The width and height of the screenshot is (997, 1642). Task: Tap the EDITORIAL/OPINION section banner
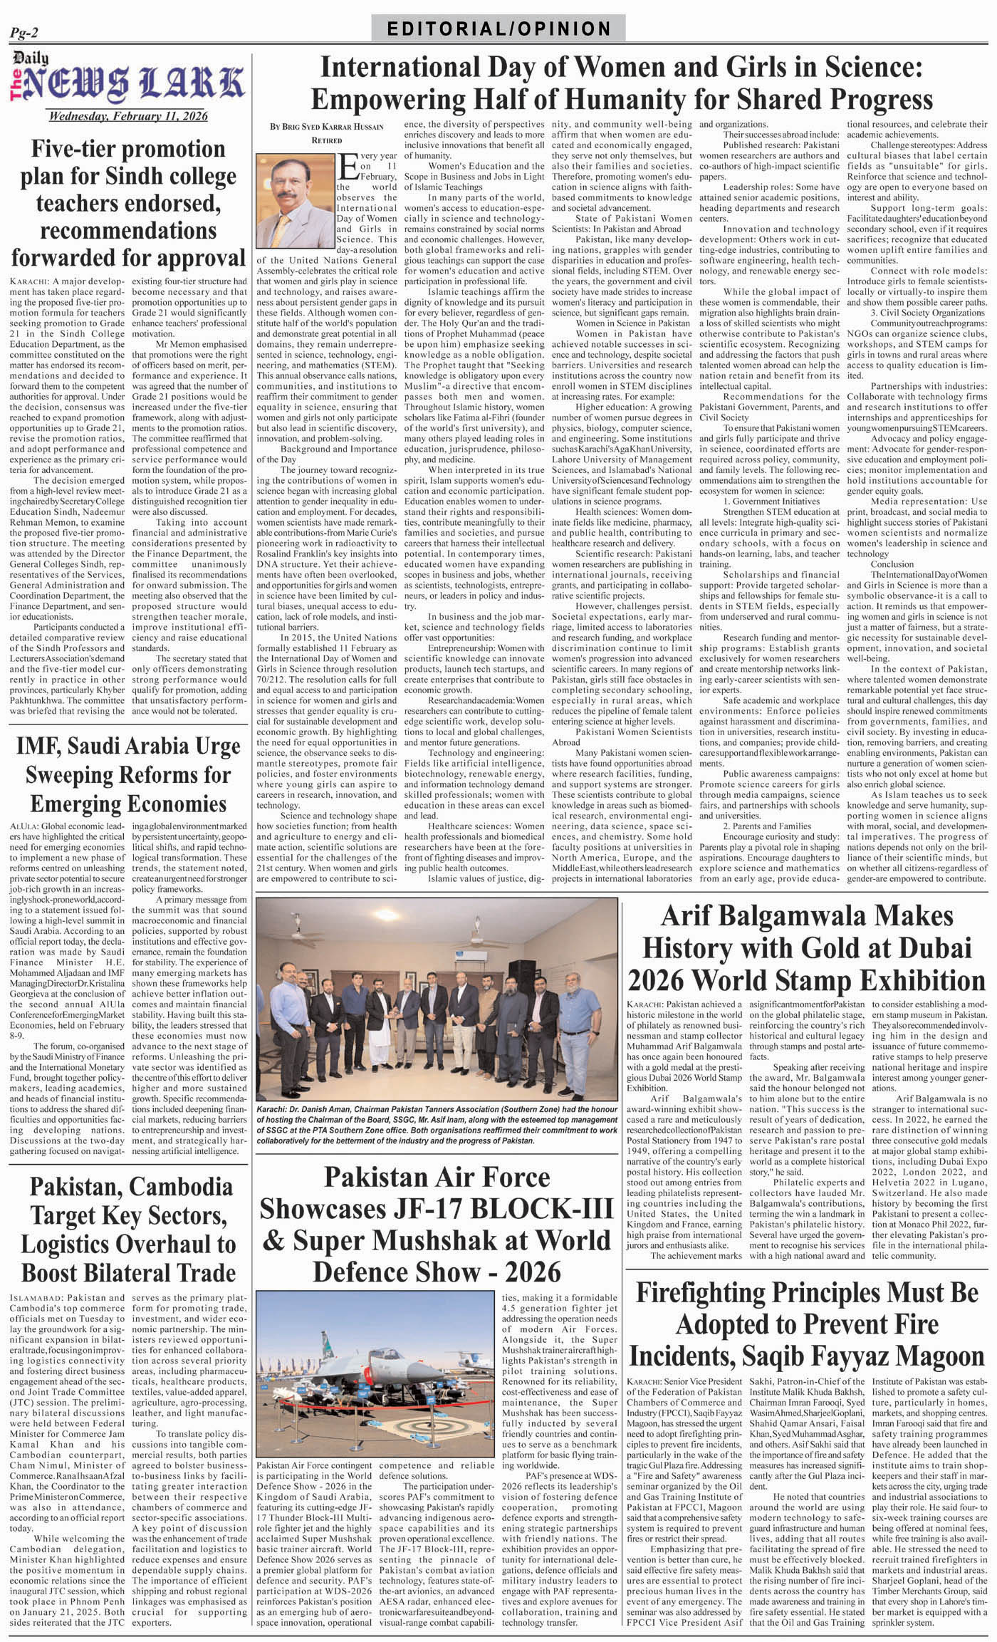click(499, 28)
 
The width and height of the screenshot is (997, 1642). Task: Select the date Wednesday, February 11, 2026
click(128, 117)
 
